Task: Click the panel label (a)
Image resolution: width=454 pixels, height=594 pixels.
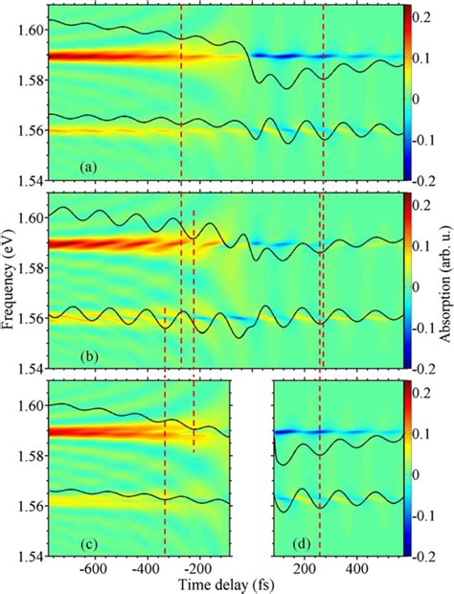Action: pos(87,168)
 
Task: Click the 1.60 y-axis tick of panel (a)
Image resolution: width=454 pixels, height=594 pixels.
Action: pos(31,30)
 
